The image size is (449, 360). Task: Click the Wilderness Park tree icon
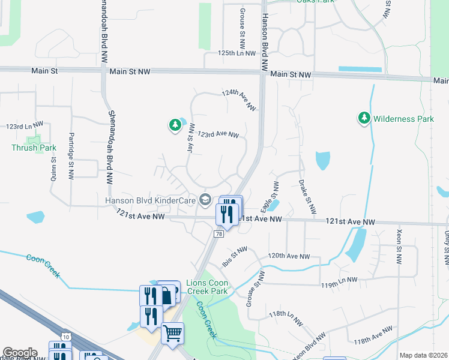363,119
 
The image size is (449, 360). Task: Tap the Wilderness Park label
403,119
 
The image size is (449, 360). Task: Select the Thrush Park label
34,148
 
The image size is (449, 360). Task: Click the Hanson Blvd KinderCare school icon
205,200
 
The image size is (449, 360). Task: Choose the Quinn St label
53,164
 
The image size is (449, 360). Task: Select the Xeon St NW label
399,246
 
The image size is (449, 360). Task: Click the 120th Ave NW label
289,256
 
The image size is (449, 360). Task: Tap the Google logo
19,353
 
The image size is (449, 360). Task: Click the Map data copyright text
424,355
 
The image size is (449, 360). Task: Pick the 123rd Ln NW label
25,126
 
